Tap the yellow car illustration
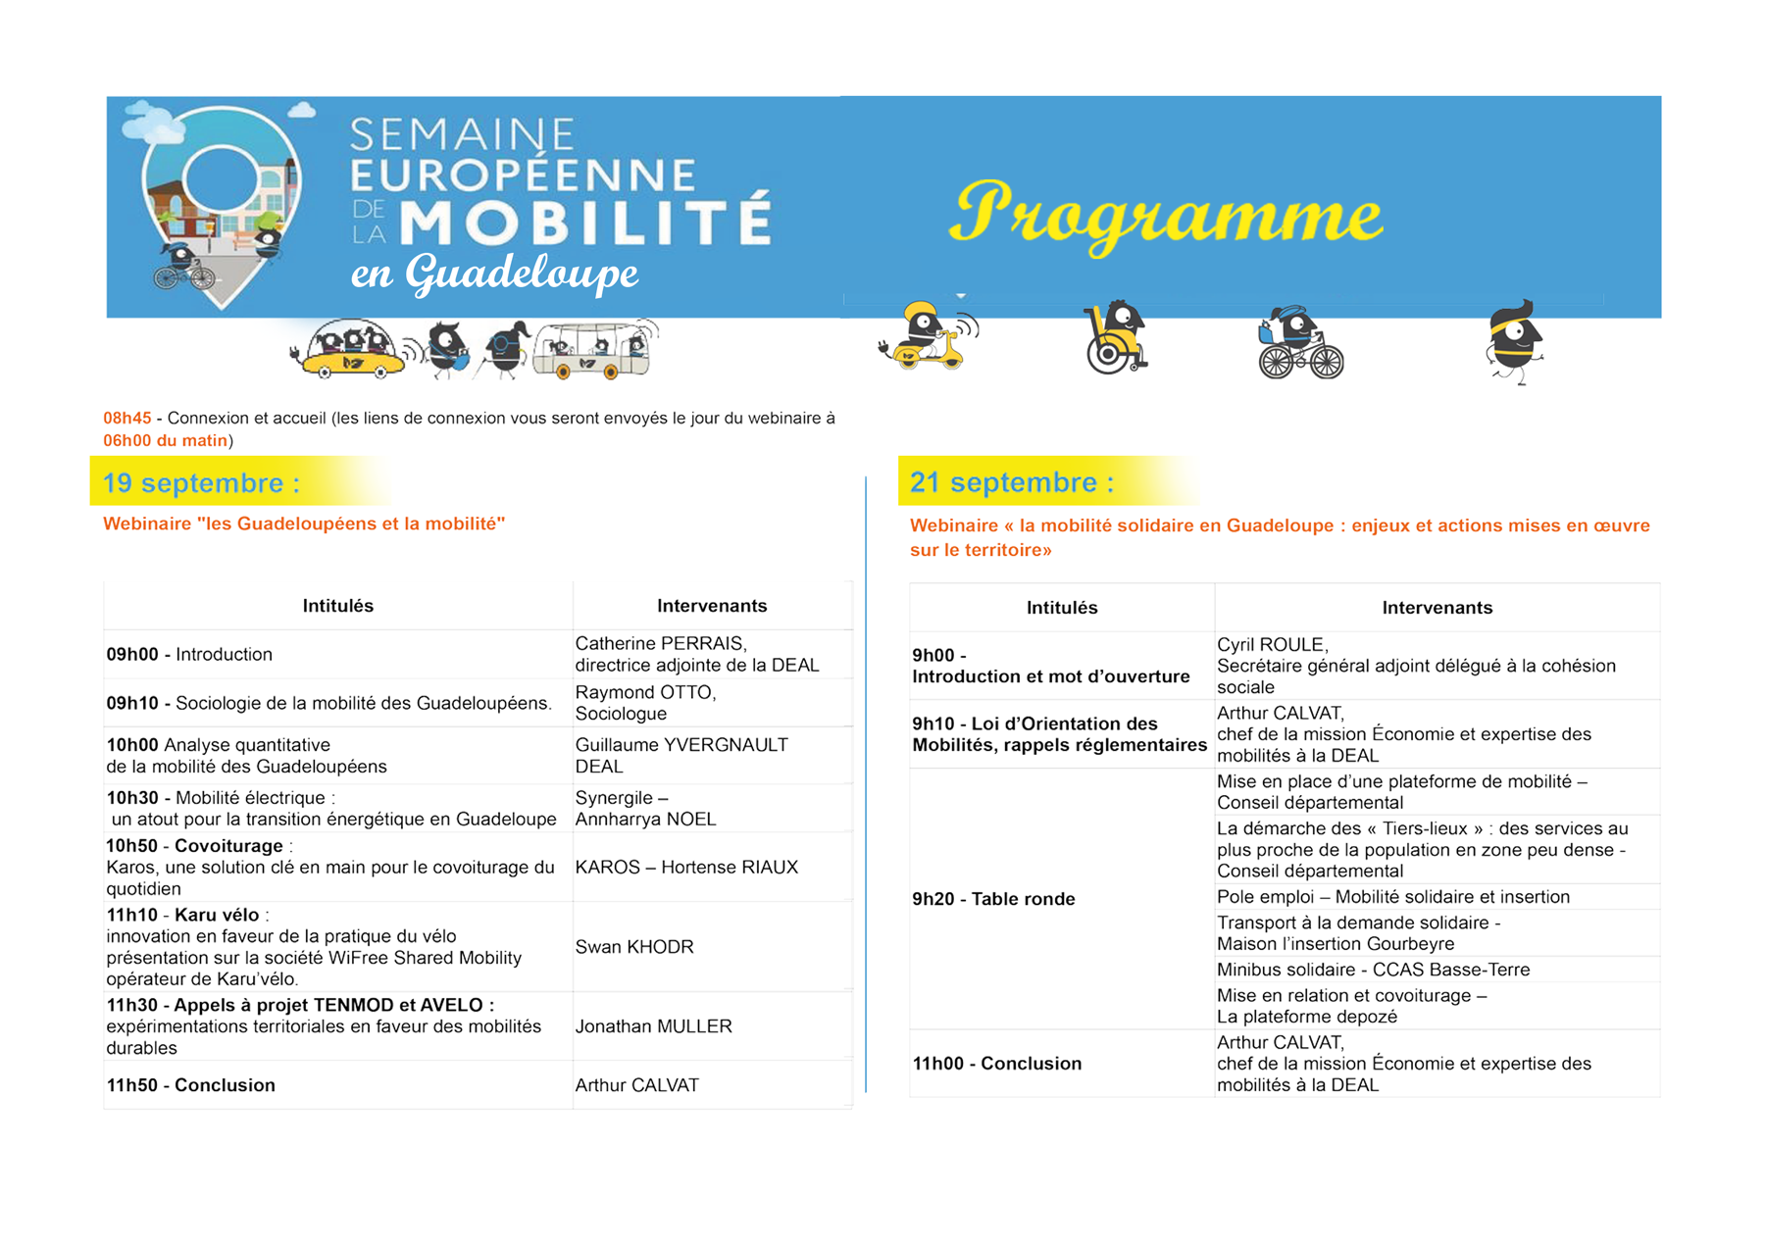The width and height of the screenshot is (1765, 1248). (x=351, y=352)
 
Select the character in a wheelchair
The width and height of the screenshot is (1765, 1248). (x=1116, y=338)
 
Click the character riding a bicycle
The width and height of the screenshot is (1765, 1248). (x=1299, y=343)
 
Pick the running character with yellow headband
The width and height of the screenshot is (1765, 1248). (x=1515, y=343)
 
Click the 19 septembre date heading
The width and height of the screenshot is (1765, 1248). (x=201, y=482)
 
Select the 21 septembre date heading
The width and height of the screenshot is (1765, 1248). (x=1012, y=482)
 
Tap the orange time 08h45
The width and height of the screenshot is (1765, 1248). (x=127, y=419)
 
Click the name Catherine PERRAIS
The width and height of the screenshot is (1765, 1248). (x=660, y=644)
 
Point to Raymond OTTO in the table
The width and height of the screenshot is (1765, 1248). (x=645, y=692)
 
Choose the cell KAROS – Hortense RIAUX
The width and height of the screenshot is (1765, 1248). (x=686, y=868)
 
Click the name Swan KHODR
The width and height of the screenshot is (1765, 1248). (x=634, y=947)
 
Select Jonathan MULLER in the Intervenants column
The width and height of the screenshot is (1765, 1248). (x=653, y=1026)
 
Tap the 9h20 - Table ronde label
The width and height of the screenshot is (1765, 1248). (x=993, y=899)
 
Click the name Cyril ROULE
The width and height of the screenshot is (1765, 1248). (x=1272, y=645)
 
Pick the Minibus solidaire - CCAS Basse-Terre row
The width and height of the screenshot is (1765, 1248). (x=1373, y=970)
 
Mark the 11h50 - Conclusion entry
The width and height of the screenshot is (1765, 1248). (x=191, y=1085)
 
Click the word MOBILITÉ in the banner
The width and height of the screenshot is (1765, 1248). (x=585, y=222)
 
